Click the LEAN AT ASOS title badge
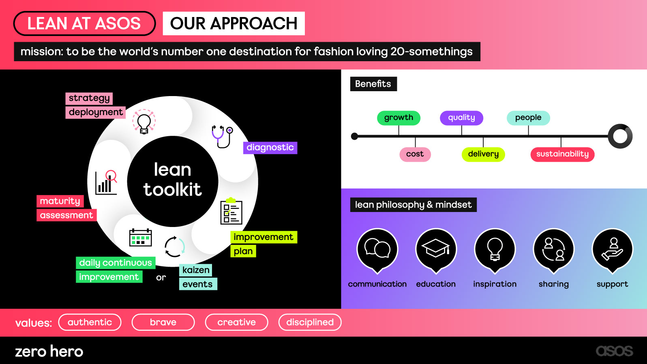pyautogui.click(x=84, y=24)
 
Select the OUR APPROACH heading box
pyautogui.click(x=234, y=24)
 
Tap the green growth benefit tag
pyautogui.click(x=398, y=118)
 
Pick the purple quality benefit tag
pyautogui.click(x=461, y=118)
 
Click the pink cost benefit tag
pyautogui.click(x=415, y=154)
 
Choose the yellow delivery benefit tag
pyautogui.click(x=483, y=154)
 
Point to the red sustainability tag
pyautogui.click(x=562, y=154)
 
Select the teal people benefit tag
pyautogui.click(x=528, y=118)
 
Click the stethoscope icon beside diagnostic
pyautogui.click(x=222, y=136)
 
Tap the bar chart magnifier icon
pyautogui.click(x=106, y=182)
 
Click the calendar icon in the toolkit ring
pyautogui.click(x=140, y=238)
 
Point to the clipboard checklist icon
pyautogui.click(x=231, y=211)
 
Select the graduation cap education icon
pyautogui.click(x=436, y=248)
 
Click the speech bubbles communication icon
pyautogui.click(x=377, y=248)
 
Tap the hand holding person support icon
pyautogui.click(x=612, y=249)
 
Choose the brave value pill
pyautogui.click(x=163, y=322)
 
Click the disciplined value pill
pyautogui.click(x=310, y=322)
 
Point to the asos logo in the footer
pyautogui.click(x=614, y=351)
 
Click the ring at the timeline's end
pyautogui.click(x=620, y=136)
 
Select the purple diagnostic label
pyautogui.click(x=270, y=148)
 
